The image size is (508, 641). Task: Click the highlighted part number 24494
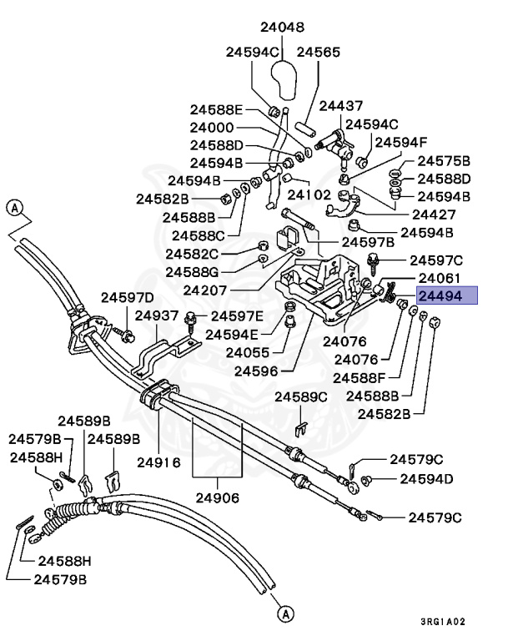tap(448, 295)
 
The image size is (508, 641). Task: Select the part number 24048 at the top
tap(281, 27)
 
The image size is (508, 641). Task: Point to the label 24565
tap(319, 52)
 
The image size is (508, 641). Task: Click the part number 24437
tap(341, 106)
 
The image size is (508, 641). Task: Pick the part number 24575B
tap(444, 161)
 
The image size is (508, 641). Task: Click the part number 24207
tap(205, 290)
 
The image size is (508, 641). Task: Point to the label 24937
tap(157, 315)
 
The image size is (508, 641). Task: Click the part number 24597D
tap(128, 297)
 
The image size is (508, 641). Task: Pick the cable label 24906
tap(218, 498)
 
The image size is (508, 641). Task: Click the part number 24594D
tap(426, 479)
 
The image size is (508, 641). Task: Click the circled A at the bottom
tap(285, 614)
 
